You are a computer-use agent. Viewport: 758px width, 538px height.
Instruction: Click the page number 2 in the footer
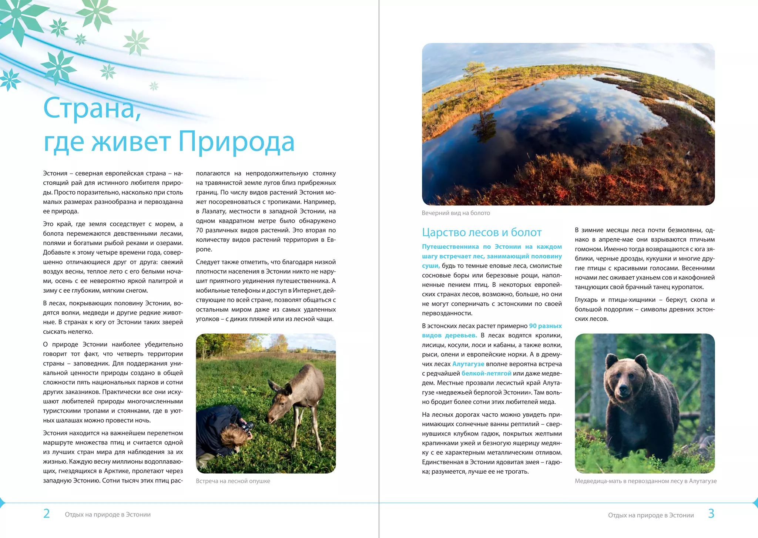click(47, 514)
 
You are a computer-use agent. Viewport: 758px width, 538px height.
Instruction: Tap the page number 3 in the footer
click(711, 514)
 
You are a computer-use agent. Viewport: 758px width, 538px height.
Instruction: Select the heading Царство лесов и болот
click(482, 232)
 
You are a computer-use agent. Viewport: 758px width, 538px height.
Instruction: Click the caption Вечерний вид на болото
click(456, 213)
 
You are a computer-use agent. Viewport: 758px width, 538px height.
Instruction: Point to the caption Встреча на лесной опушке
click(233, 481)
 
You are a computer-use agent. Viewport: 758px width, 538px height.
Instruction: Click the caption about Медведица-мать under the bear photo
click(645, 481)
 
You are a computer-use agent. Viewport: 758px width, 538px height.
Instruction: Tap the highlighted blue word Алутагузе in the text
click(468, 364)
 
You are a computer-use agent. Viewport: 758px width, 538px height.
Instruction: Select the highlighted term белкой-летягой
click(486, 373)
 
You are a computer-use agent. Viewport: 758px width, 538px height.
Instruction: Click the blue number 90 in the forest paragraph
click(533, 326)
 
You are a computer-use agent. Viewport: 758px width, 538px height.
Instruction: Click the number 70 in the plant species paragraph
click(199, 230)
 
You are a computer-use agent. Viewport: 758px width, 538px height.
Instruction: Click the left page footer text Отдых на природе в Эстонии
click(108, 515)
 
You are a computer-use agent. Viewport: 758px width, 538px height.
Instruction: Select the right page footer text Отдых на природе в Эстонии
click(651, 515)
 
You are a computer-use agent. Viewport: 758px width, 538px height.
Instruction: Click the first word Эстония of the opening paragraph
click(55, 173)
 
